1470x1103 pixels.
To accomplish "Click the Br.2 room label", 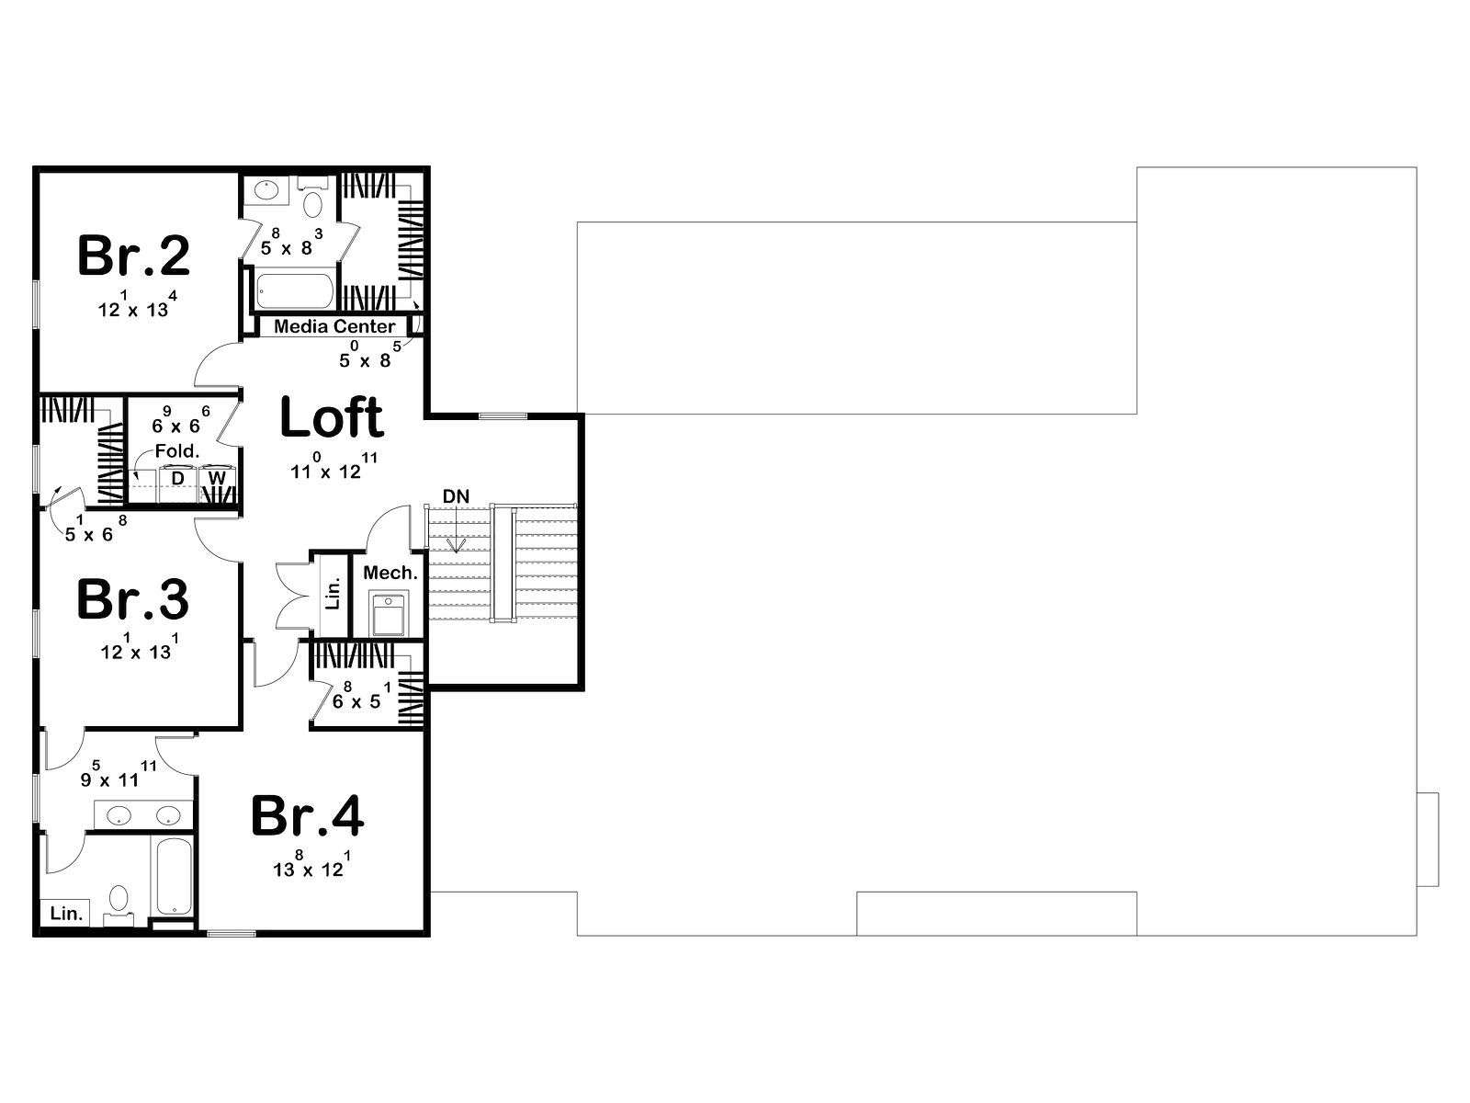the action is coord(134,256).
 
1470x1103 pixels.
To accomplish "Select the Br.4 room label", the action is coord(308,816).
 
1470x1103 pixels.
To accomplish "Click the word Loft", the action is coord(332,417).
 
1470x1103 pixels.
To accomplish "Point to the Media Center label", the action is coord(334,326).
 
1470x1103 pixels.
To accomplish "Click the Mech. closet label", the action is coord(390,573).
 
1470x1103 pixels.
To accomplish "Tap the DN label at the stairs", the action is coord(456,496).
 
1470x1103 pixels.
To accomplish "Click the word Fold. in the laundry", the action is coord(177,451).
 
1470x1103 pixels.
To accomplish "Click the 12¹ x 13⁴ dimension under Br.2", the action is coord(138,305).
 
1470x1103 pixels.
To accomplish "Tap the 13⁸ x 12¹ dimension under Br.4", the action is coord(312,864).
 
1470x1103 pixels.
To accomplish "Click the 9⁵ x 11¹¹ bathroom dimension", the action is coord(119,774).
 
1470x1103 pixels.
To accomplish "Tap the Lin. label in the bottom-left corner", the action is coord(66,914).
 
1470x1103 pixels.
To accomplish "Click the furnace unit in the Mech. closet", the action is coord(389,613).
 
